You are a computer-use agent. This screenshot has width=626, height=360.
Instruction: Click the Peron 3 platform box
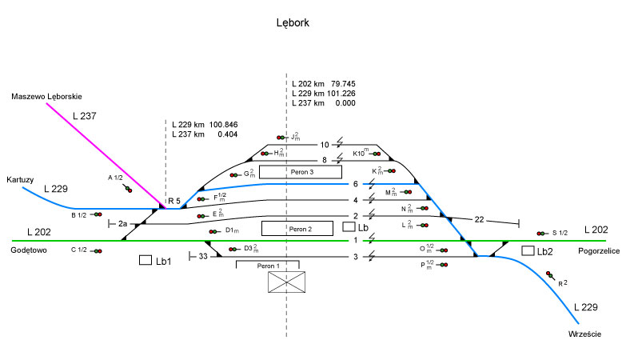coord(301,171)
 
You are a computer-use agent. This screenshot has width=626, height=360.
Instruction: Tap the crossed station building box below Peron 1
coord(287,281)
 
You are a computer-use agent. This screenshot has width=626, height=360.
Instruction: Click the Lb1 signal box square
coord(146,260)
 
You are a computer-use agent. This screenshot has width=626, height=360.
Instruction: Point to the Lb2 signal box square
coord(528,250)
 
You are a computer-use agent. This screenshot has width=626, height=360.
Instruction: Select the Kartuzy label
coord(20,180)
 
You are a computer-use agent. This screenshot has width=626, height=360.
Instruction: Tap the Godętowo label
coord(30,250)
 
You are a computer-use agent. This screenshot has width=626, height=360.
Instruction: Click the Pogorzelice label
coord(600,250)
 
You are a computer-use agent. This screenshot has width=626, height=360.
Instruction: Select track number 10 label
coord(324,145)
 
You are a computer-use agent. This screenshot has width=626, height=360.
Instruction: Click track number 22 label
coord(479,220)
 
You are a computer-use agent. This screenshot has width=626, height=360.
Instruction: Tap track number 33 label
coord(203,256)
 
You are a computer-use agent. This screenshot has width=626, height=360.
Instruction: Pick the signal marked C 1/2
coord(97,251)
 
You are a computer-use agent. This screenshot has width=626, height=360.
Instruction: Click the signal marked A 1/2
coord(128,190)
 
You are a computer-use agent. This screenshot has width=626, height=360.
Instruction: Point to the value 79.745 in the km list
coord(343,83)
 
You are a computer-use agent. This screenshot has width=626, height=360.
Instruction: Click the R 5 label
coord(173,200)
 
